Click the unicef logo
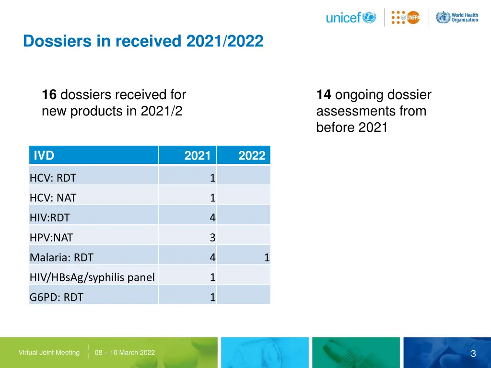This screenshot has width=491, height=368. (x=351, y=18)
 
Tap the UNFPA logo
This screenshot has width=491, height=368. (x=405, y=18)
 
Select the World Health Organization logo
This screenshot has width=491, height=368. (x=457, y=18)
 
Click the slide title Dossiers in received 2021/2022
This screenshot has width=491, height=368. (x=143, y=42)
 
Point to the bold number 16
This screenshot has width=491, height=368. (x=49, y=95)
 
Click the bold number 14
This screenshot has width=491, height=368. (x=324, y=95)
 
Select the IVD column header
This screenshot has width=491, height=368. (x=44, y=156)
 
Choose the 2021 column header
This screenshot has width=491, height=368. (x=198, y=156)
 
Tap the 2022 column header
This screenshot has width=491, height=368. (x=252, y=156)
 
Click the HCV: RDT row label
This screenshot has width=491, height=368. (x=53, y=178)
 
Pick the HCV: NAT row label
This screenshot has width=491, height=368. (x=53, y=198)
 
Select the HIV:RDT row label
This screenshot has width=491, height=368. (x=50, y=218)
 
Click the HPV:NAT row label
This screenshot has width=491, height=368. (x=51, y=238)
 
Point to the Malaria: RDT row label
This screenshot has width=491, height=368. (x=61, y=258)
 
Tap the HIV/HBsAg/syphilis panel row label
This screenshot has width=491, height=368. (x=92, y=277)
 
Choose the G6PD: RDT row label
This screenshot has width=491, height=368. (x=56, y=298)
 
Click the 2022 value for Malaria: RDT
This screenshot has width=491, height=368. (x=267, y=258)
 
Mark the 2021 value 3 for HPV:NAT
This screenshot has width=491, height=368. (x=212, y=238)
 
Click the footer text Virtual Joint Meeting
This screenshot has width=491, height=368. (x=49, y=353)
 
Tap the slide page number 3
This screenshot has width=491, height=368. (x=473, y=354)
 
